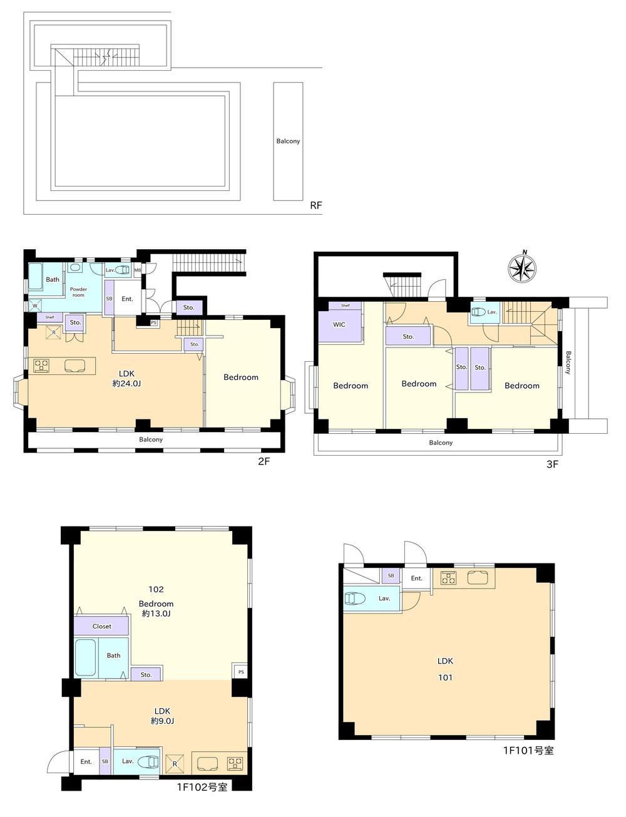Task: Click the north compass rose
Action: tap(522, 267)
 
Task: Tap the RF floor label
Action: tap(316, 205)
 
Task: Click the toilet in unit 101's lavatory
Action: tap(354, 598)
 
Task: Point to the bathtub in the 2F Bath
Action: tap(36, 277)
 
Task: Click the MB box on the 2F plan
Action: tap(138, 270)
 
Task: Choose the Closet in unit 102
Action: tap(101, 626)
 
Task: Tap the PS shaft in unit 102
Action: tap(240, 671)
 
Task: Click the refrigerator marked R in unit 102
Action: tap(175, 763)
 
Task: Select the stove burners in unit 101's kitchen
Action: tap(448, 577)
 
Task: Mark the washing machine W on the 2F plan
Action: tap(34, 306)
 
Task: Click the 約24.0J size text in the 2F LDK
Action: tap(126, 384)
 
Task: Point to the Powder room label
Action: tap(78, 292)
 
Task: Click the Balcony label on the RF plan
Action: tap(288, 141)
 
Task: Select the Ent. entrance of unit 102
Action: tap(86, 761)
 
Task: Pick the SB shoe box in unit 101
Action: tap(391, 575)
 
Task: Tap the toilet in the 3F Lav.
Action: tap(479, 312)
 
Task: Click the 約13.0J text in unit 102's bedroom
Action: tap(156, 614)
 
